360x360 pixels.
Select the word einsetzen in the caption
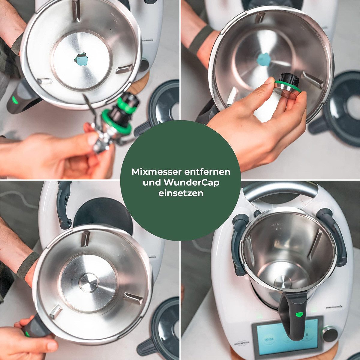pos(181,193)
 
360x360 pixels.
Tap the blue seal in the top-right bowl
pos(264,59)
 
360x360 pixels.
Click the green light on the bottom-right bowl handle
pos(299,314)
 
